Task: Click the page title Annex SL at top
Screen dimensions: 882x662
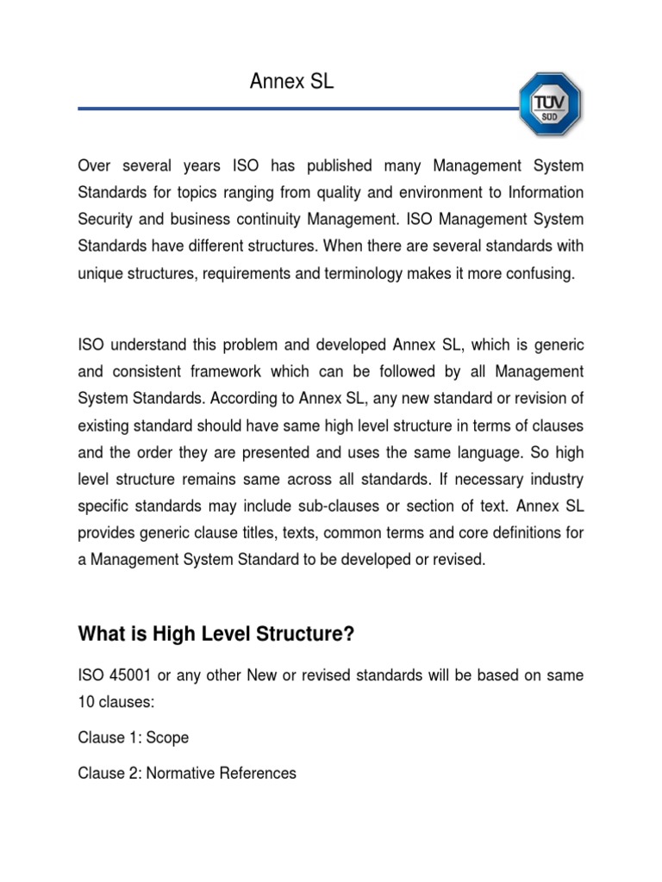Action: click(290, 82)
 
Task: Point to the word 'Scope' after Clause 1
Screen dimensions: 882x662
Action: click(167, 738)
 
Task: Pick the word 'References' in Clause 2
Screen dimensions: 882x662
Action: click(261, 773)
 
